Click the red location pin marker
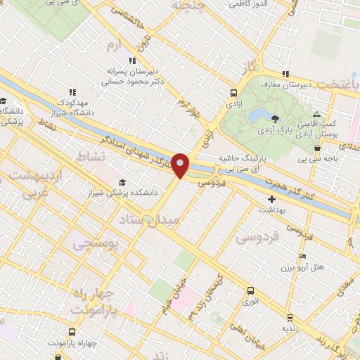(x=181, y=165)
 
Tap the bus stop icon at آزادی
(x=233, y=92)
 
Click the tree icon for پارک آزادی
(x=275, y=118)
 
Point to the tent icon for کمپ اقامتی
(x=317, y=113)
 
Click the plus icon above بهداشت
(x=272, y=199)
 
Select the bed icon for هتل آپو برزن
(x=302, y=256)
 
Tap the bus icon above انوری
(x=250, y=290)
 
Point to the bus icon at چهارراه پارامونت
(x=72, y=332)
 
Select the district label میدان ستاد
(x=156, y=220)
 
